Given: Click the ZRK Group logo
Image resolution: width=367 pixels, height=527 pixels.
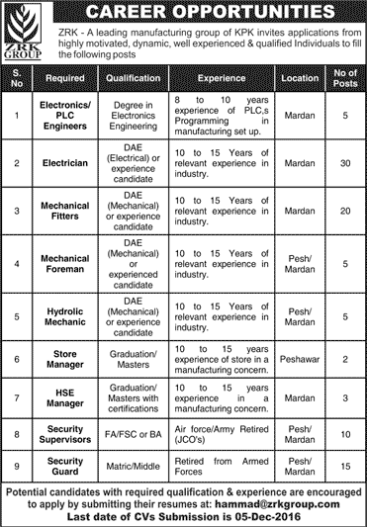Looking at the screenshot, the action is click(x=25, y=28).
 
